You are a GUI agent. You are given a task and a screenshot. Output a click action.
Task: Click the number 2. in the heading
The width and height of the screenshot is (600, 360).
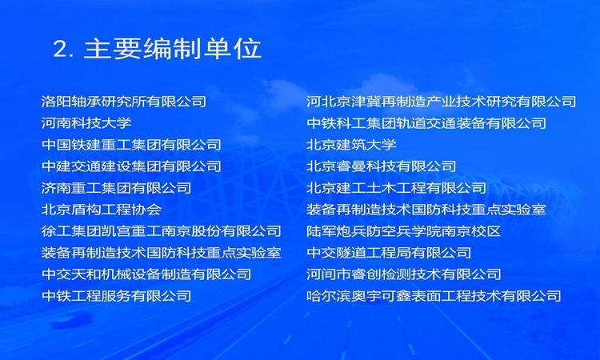pyautogui.click(x=63, y=50)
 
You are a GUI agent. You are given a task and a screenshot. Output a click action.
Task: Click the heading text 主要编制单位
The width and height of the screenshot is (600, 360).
pyautogui.click(x=173, y=49)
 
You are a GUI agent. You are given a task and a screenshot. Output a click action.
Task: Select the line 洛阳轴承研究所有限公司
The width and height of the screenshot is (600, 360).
pyautogui.click(x=124, y=102)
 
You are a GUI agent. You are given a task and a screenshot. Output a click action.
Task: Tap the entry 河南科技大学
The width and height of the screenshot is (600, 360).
pyautogui.click(x=86, y=123)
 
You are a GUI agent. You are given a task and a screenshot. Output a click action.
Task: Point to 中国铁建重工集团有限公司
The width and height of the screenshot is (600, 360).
pyautogui.click(x=132, y=145)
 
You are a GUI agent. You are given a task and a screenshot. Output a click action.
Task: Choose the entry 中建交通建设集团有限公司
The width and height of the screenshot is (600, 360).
pyautogui.click(x=132, y=166)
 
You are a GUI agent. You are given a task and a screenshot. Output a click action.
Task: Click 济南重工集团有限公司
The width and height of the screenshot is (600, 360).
pyautogui.click(x=116, y=188)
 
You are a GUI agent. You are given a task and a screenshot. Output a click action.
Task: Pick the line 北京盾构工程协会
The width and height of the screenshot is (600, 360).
pyautogui.click(x=102, y=210)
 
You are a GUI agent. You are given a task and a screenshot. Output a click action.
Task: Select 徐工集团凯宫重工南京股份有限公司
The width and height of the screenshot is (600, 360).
pyautogui.click(x=162, y=231)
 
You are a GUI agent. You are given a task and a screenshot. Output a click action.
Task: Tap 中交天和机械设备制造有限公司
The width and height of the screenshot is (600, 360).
pyautogui.click(x=146, y=274)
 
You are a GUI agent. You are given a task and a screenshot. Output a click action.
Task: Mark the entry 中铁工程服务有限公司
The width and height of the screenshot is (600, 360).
pyautogui.click(x=116, y=296)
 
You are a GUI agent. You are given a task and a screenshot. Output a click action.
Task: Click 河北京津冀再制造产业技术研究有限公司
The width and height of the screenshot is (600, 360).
pyautogui.click(x=441, y=102)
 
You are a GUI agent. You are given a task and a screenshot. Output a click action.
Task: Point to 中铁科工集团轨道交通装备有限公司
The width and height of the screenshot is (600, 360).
pyautogui.click(x=426, y=123)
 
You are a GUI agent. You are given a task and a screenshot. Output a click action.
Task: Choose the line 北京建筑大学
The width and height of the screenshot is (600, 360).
pyautogui.click(x=351, y=145)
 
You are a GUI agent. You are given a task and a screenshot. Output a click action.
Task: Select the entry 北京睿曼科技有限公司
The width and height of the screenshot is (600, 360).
pyautogui.click(x=381, y=166)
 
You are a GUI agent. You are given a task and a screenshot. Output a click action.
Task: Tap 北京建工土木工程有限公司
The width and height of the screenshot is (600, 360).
pyautogui.click(x=397, y=188)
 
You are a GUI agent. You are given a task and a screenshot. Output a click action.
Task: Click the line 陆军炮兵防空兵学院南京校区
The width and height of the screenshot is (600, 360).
pyautogui.click(x=404, y=231)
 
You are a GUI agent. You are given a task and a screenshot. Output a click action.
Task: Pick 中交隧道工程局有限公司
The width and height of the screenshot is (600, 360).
pyautogui.click(x=389, y=253)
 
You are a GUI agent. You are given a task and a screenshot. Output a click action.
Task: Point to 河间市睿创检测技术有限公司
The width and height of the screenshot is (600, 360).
pyautogui.click(x=404, y=274)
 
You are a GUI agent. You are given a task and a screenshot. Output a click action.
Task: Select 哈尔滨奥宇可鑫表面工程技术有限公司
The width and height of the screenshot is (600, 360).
pyautogui.click(x=434, y=296)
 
